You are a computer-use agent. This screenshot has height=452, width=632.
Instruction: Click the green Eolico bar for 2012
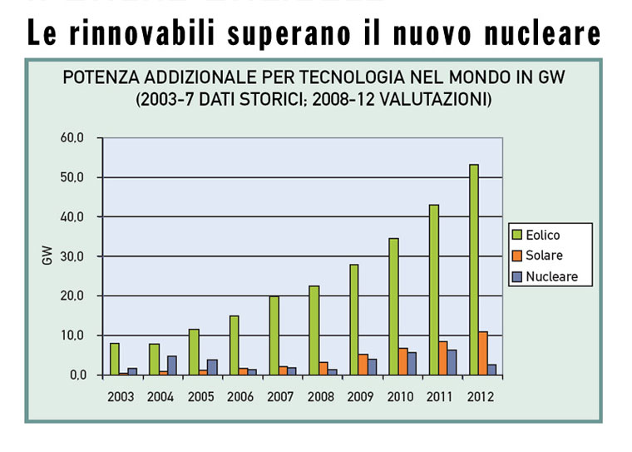tap(474, 269)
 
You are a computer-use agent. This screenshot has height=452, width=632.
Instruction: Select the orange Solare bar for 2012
tap(483, 353)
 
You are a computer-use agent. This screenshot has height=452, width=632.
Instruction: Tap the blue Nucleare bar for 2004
tap(172, 365)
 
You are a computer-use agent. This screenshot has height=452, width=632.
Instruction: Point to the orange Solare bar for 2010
tap(403, 361)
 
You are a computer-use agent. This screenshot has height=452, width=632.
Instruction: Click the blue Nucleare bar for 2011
tap(452, 362)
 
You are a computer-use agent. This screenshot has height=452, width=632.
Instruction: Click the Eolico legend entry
tap(542, 236)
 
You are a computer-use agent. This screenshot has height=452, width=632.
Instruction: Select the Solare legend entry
tap(543, 256)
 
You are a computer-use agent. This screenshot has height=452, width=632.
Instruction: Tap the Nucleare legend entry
tap(550, 276)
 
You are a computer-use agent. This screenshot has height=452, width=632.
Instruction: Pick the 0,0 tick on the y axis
tap(78, 375)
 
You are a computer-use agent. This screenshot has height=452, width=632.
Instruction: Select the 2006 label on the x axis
tap(241, 396)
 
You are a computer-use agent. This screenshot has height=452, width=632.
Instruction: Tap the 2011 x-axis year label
tap(441, 396)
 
